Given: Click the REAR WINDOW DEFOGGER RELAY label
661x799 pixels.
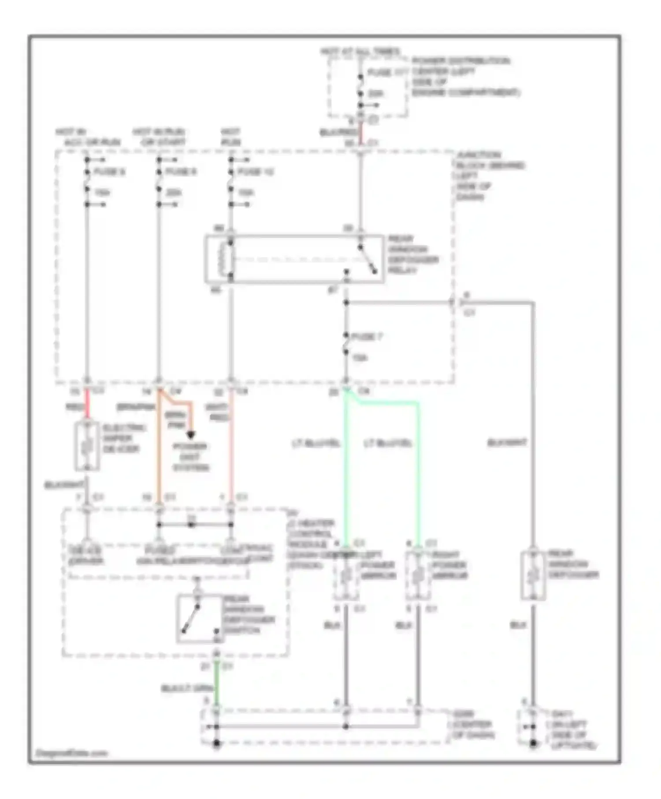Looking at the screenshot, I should [412, 255].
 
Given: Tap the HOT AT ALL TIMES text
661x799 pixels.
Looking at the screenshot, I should [360, 52].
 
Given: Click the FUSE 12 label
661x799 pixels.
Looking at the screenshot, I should [256, 172].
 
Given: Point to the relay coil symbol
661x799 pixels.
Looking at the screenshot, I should [228, 259].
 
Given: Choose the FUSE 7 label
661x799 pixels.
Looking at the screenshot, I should [368, 337].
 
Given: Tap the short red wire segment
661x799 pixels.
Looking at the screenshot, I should [87, 404].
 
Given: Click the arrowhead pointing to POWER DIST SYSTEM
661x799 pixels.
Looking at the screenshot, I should [190, 436].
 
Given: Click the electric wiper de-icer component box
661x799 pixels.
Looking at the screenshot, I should [87, 446].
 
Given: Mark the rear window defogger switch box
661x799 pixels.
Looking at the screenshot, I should [199, 619].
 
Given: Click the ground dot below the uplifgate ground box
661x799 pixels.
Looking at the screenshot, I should [533, 744].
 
